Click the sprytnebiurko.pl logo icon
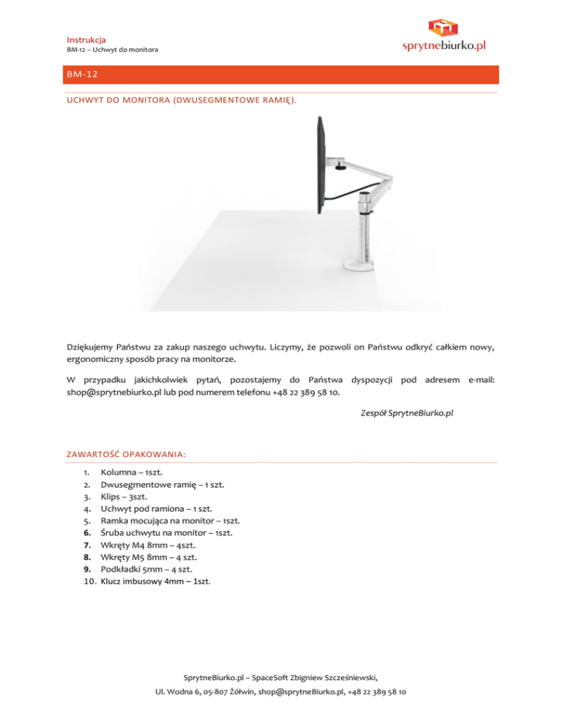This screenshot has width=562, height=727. pyautogui.click(x=443, y=27)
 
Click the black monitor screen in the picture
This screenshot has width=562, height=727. pyautogui.click(x=320, y=167)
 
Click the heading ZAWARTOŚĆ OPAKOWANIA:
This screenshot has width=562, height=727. pyautogui.click(x=125, y=454)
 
